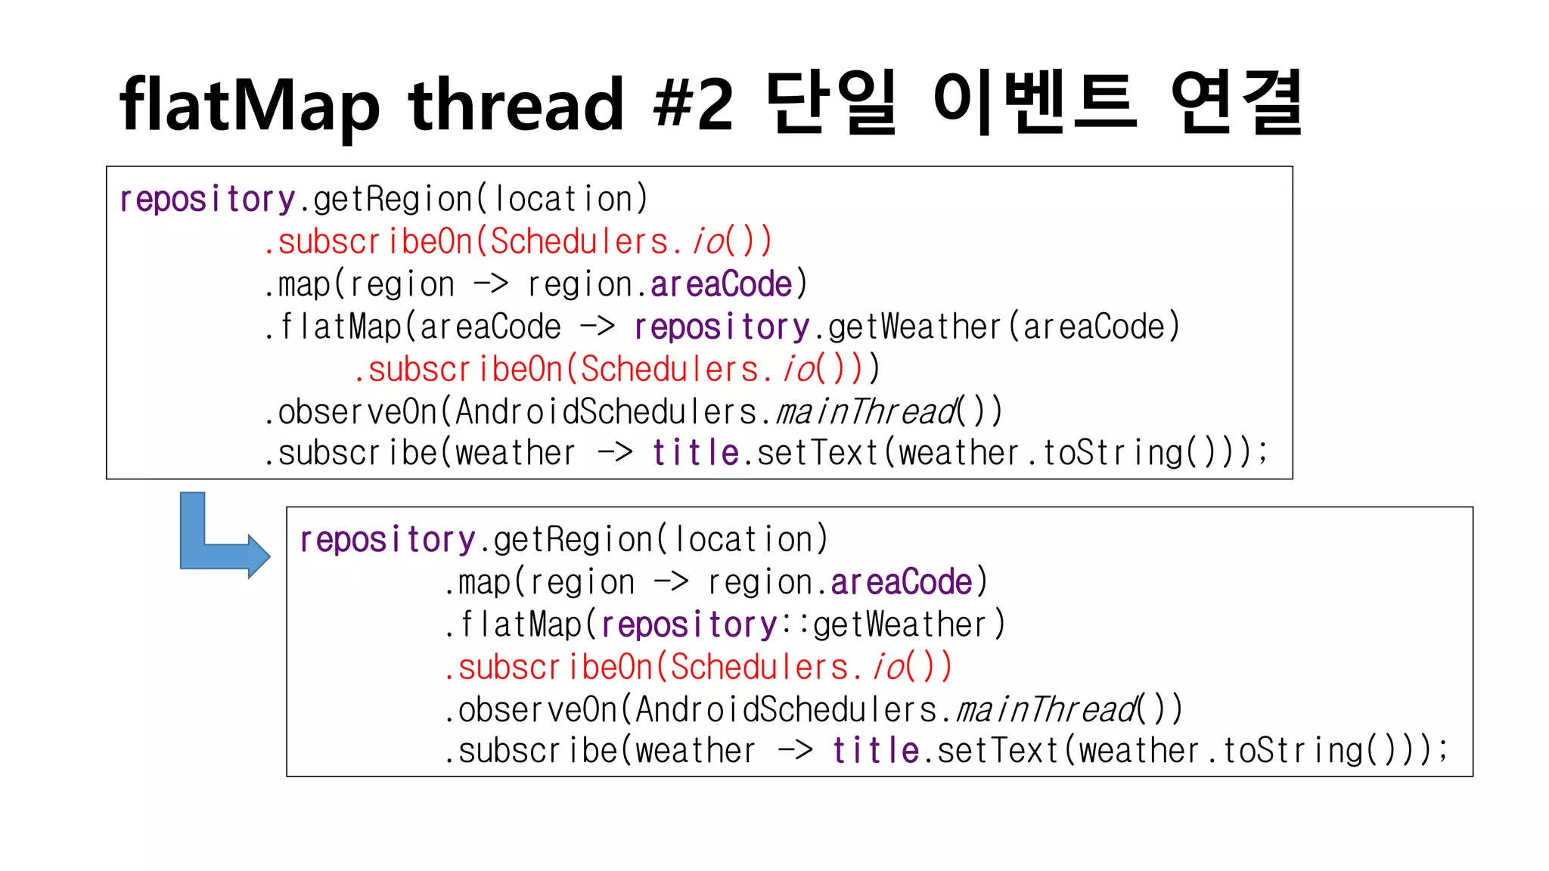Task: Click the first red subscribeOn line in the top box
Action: point(517,242)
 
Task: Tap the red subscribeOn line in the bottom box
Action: point(697,668)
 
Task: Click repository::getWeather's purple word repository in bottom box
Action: point(689,625)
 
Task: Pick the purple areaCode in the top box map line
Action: point(721,285)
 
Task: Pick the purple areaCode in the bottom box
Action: point(901,583)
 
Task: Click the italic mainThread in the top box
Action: point(867,412)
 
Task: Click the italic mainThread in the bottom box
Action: point(1047,710)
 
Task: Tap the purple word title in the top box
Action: point(695,454)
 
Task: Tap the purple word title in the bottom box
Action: point(875,752)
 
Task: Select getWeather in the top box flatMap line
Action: point(914,327)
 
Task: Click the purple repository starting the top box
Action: point(207,200)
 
